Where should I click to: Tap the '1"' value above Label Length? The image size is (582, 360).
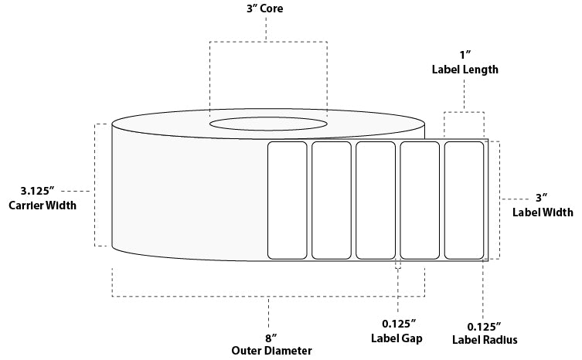point(464,56)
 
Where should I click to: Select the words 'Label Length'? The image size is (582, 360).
point(464,70)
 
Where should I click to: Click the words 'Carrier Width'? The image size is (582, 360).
point(42,205)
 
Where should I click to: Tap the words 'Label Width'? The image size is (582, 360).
point(543,212)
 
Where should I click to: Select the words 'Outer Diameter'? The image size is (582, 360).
point(271,350)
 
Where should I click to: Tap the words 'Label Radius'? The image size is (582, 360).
point(485,339)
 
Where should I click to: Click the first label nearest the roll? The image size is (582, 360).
point(288,200)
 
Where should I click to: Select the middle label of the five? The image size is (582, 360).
point(376,200)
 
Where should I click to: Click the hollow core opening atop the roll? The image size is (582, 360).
point(267,124)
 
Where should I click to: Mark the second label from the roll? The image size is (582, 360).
point(332,200)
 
